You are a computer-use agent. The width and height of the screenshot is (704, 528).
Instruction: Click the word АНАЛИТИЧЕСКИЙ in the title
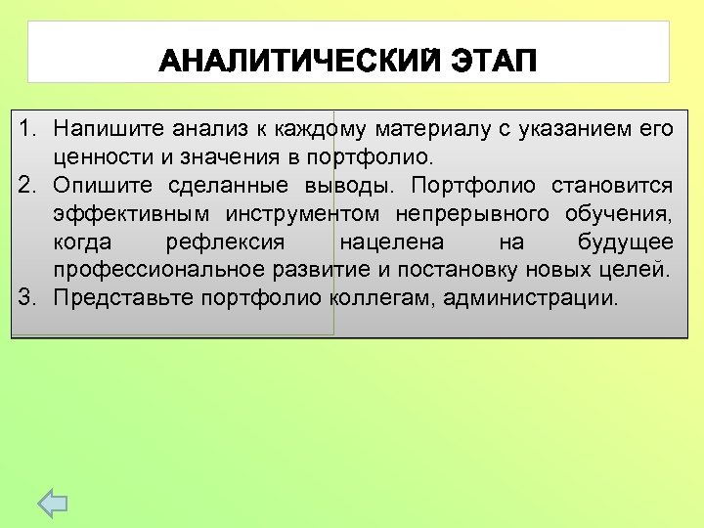coord(297,63)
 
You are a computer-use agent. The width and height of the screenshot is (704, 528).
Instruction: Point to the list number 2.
coord(28,186)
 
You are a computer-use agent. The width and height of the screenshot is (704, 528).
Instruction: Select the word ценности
coord(97,157)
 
